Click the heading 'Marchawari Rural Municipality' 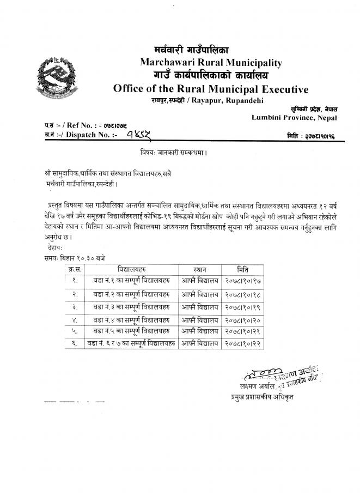[211, 63]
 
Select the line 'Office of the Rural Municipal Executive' [210, 89]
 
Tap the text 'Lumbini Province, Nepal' [294, 118]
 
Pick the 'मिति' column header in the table [243, 270]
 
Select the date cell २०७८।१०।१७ [243, 281]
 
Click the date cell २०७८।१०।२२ [243, 344]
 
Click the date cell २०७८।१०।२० [243, 319]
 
